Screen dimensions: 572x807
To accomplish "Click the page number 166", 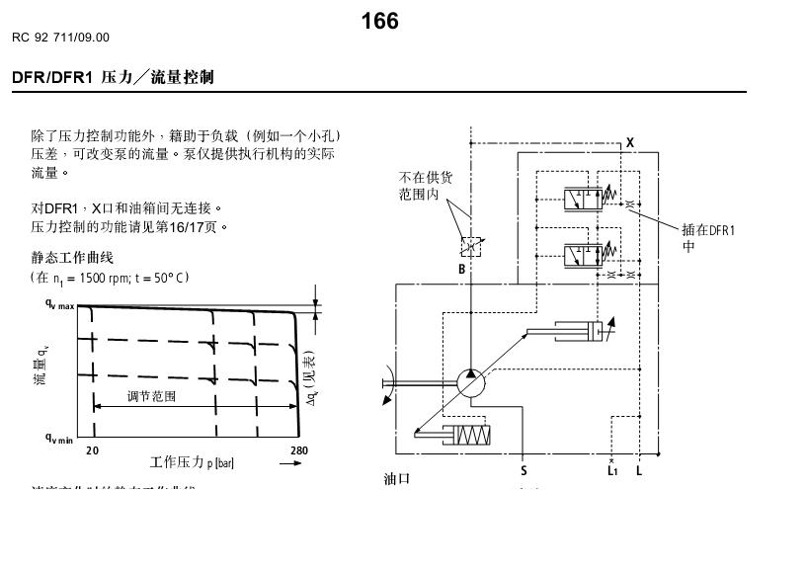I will [379, 21].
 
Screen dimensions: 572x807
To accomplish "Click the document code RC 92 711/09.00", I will [61, 38].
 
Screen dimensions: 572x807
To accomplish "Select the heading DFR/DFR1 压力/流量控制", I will [114, 76].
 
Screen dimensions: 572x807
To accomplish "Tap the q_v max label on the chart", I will [59, 305].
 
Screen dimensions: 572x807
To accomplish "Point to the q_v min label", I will [59, 439].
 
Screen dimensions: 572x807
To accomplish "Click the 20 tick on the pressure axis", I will [92, 450].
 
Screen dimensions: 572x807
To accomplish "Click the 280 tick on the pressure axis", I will [299, 450].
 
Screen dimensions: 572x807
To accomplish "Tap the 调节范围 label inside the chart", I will [151, 396].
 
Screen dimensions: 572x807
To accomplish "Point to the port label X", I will [630, 143].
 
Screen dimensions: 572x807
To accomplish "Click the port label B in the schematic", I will [461, 269].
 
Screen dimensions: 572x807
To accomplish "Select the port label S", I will [524, 471].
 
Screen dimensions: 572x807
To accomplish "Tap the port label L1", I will [612, 471].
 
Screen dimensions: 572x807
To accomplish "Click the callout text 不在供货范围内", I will [426, 186].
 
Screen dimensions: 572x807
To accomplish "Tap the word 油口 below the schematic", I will [396, 479].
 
